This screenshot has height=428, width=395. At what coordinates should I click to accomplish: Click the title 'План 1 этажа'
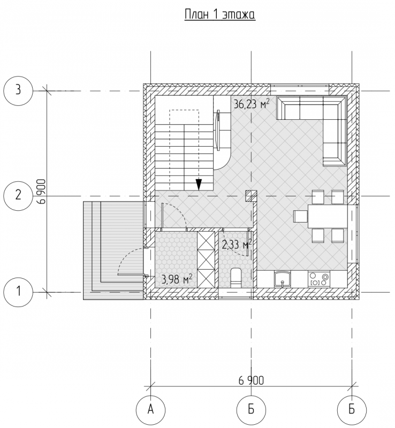pyautogui.click(x=220, y=15)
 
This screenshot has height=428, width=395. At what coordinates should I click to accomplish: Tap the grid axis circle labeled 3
pyautogui.click(x=18, y=90)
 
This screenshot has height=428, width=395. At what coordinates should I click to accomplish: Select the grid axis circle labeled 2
pyautogui.click(x=18, y=196)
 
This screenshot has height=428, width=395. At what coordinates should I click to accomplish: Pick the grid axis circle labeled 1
pyautogui.click(x=18, y=292)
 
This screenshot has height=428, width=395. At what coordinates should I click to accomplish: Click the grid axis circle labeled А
pyautogui.click(x=151, y=410)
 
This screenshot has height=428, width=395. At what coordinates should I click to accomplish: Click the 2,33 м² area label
pyautogui.click(x=237, y=245)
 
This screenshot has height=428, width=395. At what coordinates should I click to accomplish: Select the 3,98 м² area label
pyautogui.click(x=177, y=279)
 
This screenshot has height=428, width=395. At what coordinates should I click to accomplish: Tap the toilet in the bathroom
pyautogui.click(x=236, y=278)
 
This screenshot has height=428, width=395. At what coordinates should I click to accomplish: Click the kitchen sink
pyautogui.click(x=283, y=279)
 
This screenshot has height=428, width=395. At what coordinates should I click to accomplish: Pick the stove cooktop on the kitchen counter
pyautogui.click(x=319, y=279)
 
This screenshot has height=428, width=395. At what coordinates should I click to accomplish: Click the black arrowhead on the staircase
pyautogui.click(x=199, y=185)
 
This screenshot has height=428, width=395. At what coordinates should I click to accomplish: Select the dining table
pyautogui.click(x=328, y=216)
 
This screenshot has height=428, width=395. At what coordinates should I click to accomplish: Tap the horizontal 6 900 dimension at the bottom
pyautogui.click(x=252, y=380)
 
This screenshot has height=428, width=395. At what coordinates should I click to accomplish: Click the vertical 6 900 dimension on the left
pyautogui.click(x=42, y=192)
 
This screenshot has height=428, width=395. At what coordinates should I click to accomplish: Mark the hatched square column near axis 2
pyautogui.click(x=252, y=196)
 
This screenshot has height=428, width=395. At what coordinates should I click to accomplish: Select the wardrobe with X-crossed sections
pyautogui.click(x=206, y=259)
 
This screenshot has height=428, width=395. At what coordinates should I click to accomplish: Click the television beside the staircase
pyautogui.click(x=218, y=130)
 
